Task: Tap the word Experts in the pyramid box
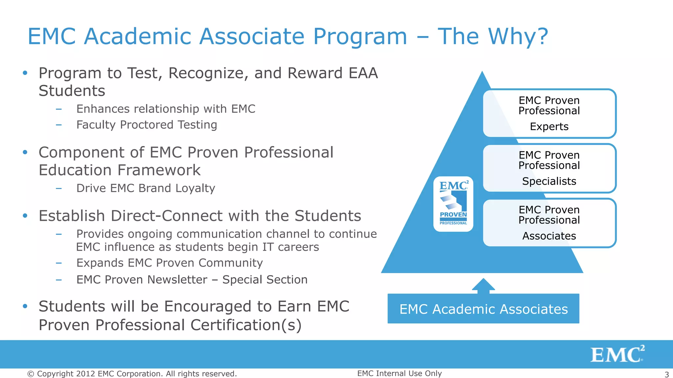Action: click(549, 127)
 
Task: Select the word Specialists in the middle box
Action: click(549, 181)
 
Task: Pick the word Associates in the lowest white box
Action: click(549, 236)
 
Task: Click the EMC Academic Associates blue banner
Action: click(483, 309)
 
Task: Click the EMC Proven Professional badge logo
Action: click(453, 204)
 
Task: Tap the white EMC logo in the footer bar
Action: click(617, 354)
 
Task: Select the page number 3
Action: click(667, 374)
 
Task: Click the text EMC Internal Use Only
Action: click(399, 373)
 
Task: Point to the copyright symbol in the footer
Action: click(31, 374)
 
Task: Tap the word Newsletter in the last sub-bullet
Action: click(177, 280)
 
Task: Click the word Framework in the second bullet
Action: click(159, 170)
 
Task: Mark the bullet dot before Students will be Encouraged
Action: click(25, 306)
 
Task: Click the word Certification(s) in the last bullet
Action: click(246, 325)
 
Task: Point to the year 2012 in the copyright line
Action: click(86, 374)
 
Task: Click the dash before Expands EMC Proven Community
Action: click(59, 263)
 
